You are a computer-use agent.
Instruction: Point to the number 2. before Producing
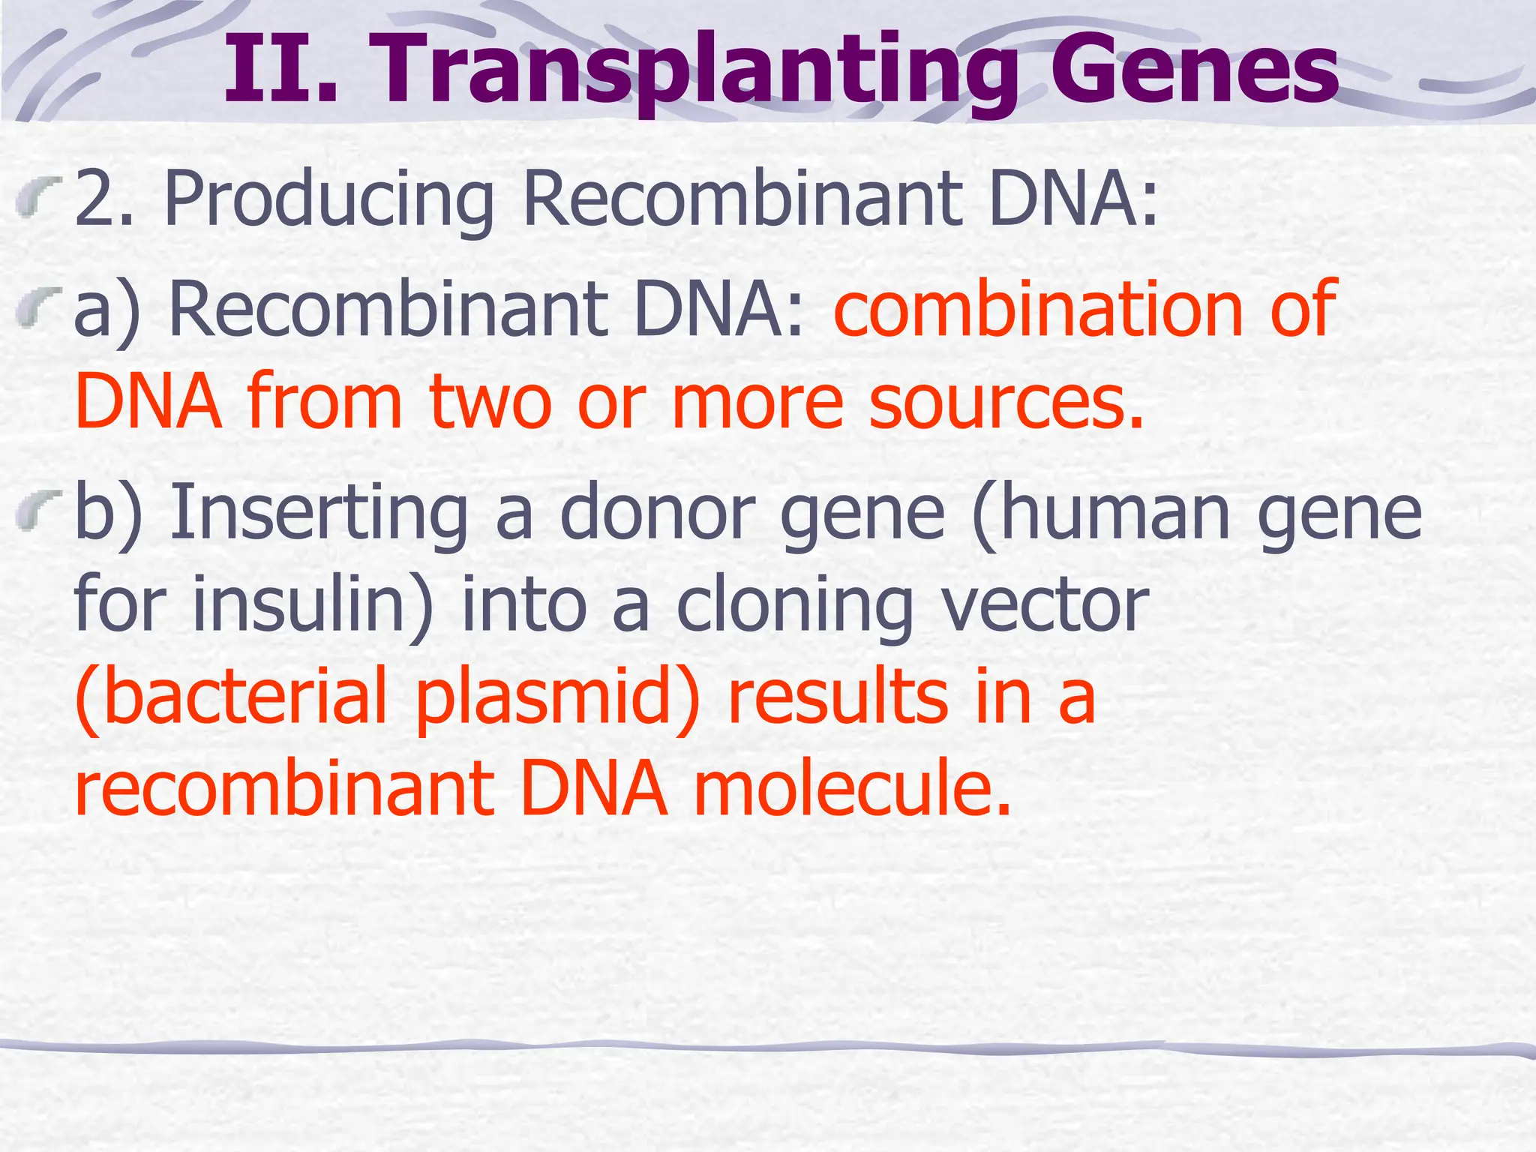click(104, 199)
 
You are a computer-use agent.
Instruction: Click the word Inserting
click(319, 512)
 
